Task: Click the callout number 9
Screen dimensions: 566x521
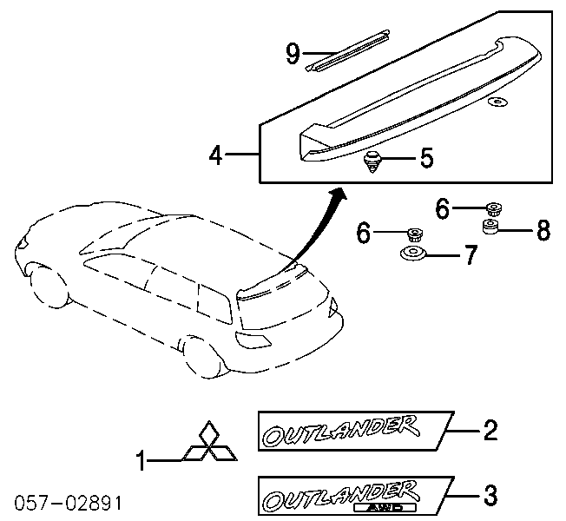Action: click(293, 54)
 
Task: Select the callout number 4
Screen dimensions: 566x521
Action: click(215, 156)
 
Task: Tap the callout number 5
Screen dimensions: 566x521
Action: click(426, 158)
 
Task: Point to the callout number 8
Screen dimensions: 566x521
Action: click(543, 230)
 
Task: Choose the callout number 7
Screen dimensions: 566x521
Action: click(471, 255)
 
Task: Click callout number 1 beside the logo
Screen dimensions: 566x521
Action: click(141, 461)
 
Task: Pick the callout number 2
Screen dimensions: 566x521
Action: click(490, 431)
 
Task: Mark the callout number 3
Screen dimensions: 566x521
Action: click(490, 495)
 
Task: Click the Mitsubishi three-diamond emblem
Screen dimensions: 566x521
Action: click(209, 441)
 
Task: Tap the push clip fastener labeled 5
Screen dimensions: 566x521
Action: click(372, 162)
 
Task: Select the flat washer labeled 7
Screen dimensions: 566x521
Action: click(413, 253)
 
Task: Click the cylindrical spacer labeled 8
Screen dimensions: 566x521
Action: click(490, 227)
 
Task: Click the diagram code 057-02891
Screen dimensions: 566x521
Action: click(69, 503)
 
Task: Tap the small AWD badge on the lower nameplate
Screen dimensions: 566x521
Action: click(385, 508)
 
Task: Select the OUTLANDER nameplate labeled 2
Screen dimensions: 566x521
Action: click(356, 431)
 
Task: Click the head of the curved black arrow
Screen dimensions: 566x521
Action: click(339, 195)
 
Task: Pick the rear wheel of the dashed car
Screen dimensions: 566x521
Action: click(203, 357)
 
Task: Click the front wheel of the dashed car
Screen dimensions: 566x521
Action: click(49, 287)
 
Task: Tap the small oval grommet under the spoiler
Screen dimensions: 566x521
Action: click(497, 102)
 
